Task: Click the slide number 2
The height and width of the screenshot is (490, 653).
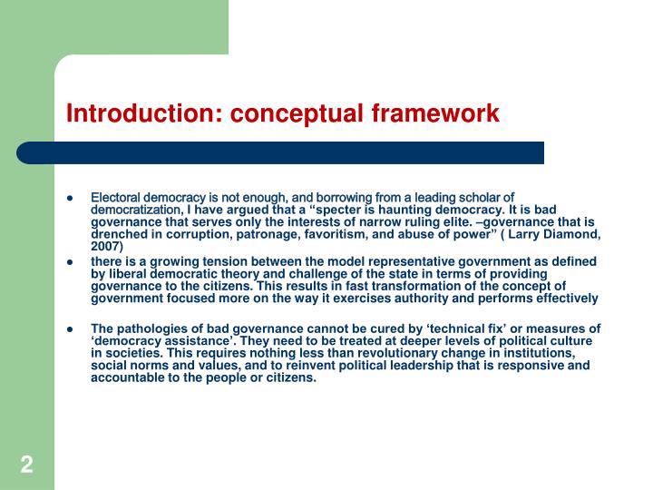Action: click(26, 465)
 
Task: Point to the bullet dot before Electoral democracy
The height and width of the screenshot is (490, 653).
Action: click(70, 197)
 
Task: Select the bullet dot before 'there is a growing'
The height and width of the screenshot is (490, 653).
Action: click(70, 261)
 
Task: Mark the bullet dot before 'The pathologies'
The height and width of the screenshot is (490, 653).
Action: click(70, 328)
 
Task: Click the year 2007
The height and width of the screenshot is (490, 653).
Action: click(105, 246)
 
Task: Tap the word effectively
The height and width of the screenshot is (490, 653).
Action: click(564, 298)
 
